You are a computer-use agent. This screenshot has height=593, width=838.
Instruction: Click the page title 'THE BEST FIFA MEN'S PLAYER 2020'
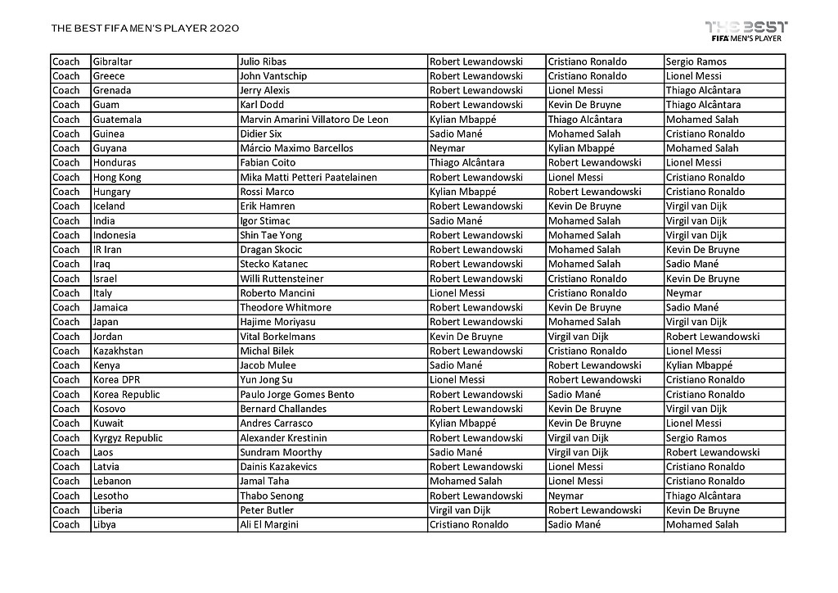point(145,29)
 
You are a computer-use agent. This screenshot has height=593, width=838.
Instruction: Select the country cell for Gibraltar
point(113,61)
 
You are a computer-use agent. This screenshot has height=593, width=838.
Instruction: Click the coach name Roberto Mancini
point(274,293)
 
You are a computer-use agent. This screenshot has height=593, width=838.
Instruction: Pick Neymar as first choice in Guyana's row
point(447,148)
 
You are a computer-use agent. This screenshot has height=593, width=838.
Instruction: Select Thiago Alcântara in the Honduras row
point(466,163)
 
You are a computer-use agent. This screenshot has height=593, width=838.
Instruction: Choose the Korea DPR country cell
point(117,380)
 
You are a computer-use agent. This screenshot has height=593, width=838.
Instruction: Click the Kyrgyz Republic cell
point(128,438)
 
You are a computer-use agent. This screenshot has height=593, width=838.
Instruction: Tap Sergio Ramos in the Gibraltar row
point(696,61)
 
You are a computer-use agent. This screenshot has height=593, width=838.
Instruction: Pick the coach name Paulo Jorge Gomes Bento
point(297,395)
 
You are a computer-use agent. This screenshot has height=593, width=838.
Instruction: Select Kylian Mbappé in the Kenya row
point(699,365)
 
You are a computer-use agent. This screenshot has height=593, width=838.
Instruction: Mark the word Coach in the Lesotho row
point(66,496)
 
